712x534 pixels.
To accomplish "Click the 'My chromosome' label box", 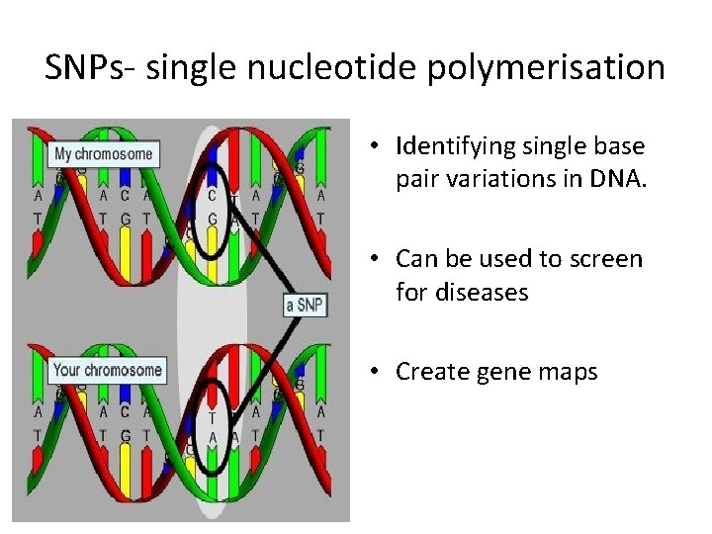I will pos(104,154).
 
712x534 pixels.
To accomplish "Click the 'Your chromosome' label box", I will pos(108,371).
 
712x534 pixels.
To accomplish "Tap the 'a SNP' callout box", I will pos(305,306).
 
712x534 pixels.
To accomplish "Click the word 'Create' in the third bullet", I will pos(428,371).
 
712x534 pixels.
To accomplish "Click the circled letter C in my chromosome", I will pos(212,196).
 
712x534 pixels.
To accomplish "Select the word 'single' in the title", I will pos(206,67).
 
